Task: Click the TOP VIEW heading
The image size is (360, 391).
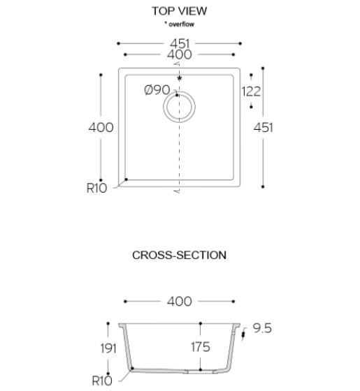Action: (x=179, y=11)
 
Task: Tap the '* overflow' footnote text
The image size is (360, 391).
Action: (x=179, y=24)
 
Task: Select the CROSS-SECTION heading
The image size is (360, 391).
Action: (x=179, y=255)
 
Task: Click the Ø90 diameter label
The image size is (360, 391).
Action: (x=157, y=90)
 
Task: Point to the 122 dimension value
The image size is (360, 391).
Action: (x=251, y=91)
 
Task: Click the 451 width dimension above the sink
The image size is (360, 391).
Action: (x=180, y=44)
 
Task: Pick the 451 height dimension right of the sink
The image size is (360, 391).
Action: (x=263, y=128)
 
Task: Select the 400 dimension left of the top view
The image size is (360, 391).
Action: (x=101, y=128)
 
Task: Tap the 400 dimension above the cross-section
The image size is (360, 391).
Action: (x=179, y=302)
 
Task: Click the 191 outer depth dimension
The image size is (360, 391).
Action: (x=108, y=348)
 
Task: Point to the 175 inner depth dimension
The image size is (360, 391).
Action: (x=201, y=347)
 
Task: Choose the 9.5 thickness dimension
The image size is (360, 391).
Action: (x=262, y=328)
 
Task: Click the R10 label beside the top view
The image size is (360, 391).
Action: (x=96, y=188)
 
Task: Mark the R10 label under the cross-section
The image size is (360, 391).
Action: (x=102, y=381)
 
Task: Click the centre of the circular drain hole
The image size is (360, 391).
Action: (x=179, y=107)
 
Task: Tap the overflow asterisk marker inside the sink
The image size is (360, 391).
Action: (x=179, y=79)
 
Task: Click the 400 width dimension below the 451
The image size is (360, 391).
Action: (x=179, y=55)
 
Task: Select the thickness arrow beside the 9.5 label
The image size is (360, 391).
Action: (x=243, y=334)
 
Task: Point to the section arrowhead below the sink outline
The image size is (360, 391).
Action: (x=177, y=191)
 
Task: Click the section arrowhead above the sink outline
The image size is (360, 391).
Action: (x=177, y=64)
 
